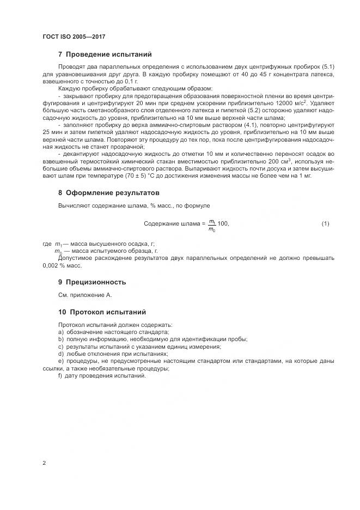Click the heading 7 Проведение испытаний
coord(105,54)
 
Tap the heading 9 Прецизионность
coord(91,282)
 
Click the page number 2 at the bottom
coord(44,463)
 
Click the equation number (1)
coord(325,224)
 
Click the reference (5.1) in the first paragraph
coord(326,66)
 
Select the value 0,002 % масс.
coord(62,265)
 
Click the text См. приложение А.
coord(84,295)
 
